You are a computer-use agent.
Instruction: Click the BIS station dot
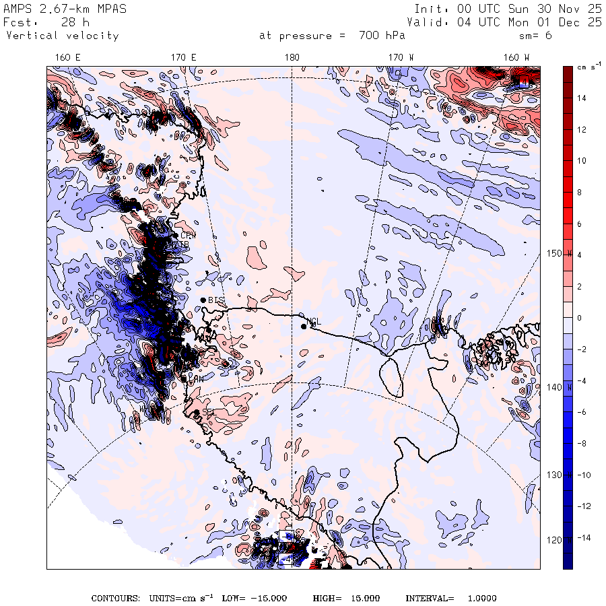pos(203,300)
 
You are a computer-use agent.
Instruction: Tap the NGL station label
pos(314,322)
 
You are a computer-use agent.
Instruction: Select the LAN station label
pos(196,380)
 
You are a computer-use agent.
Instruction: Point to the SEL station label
pos(208,411)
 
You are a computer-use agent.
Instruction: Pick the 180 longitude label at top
pos(292,57)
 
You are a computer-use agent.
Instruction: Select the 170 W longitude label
pos(401,57)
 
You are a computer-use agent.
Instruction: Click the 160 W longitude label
pos(516,57)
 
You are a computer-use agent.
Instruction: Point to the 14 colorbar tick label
pos(582,98)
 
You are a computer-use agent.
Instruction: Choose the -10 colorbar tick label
pos(582,475)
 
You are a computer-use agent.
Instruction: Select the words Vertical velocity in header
pos(63,36)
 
